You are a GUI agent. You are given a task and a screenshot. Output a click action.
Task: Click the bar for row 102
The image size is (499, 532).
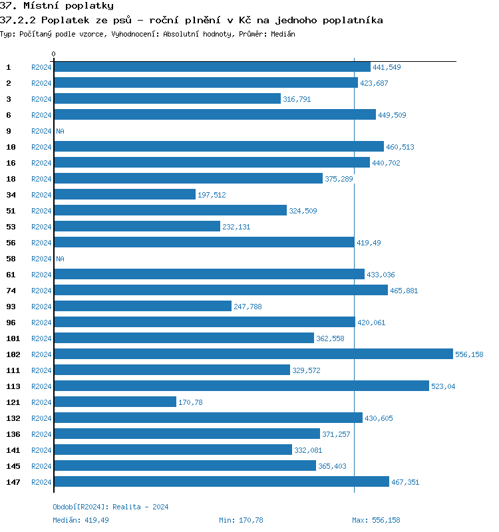(253, 354)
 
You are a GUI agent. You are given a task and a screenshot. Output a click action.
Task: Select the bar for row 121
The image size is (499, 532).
(115, 402)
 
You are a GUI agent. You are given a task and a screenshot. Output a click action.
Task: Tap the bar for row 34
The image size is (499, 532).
(124, 195)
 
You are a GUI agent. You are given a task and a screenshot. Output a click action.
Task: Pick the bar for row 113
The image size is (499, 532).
(241, 386)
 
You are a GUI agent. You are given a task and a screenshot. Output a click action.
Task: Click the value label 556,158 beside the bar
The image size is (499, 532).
(469, 354)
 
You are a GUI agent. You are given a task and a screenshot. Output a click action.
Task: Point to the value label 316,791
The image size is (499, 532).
(297, 99)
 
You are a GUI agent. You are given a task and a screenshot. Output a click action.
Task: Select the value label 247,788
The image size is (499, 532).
(248, 307)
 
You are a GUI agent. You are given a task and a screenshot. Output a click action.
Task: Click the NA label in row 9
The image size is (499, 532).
(60, 131)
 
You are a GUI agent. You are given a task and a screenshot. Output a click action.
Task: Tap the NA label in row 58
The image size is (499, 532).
(60, 259)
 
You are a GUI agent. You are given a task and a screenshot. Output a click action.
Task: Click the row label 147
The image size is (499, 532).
(13, 482)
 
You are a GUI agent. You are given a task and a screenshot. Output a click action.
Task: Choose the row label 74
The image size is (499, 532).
(11, 291)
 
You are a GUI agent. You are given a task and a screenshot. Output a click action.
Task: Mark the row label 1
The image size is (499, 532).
(9, 67)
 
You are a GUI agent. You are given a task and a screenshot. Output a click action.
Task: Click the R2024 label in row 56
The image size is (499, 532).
(41, 243)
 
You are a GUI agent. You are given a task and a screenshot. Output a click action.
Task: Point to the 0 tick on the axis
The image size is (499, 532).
(54, 54)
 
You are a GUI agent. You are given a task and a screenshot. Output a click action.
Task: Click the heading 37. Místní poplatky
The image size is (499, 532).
(57, 6)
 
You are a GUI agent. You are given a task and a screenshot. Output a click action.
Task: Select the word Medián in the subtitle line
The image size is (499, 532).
(282, 34)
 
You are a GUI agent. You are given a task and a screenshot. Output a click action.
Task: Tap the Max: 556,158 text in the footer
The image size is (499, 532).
(376, 520)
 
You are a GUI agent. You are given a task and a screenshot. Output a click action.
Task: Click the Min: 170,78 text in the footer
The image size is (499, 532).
(241, 520)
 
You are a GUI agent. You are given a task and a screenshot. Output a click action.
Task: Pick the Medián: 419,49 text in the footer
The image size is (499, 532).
(81, 520)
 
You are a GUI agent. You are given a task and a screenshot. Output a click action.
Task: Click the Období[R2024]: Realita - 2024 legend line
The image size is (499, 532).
(110, 507)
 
